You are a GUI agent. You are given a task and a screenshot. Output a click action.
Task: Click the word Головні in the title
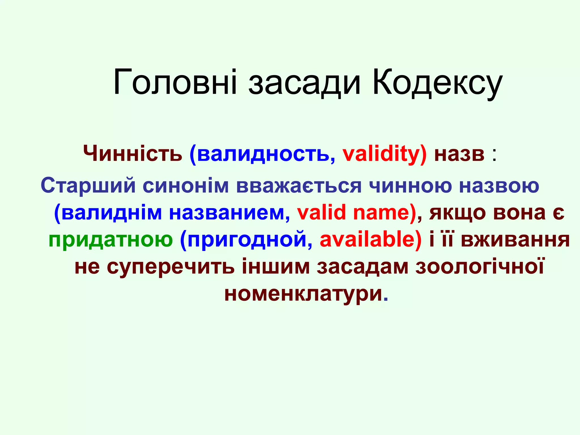pyautogui.click(x=175, y=82)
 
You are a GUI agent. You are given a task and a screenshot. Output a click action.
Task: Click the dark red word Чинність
pyautogui.click(x=133, y=154)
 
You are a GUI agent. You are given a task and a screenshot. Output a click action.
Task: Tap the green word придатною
pyautogui.click(x=110, y=240)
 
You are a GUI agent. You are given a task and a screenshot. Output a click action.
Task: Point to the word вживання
pyautogui.click(x=515, y=240)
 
